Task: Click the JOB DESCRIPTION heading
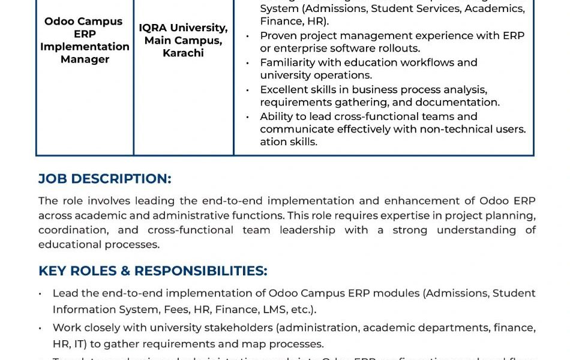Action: (x=104, y=179)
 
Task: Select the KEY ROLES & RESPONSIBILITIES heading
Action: (x=152, y=271)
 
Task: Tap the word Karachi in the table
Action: (x=183, y=53)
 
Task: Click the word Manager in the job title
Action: (x=85, y=59)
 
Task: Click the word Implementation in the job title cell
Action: (x=85, y=47)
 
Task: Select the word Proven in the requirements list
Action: (x=278, y=36)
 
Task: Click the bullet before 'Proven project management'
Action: (x=248, y=37)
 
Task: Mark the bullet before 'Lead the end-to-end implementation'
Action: (x=40, y=294)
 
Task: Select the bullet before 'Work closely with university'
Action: (x=40, y=328)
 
